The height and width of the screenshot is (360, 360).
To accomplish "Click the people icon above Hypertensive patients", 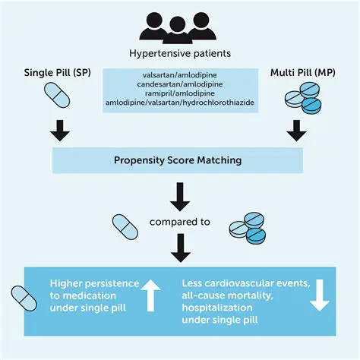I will tap(178, 29).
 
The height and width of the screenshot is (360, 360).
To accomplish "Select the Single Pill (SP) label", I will tap(53, 72).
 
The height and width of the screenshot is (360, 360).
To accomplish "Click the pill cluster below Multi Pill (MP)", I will tap(302, 99).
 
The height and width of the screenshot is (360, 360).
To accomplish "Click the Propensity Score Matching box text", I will tap(178, 160).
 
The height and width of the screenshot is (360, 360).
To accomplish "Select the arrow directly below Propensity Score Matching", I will tap(179, 197).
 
